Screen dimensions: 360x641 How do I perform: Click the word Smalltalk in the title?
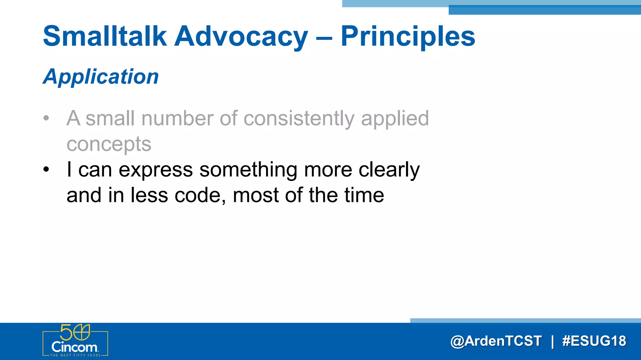pyautogui.click(x=105, y=37)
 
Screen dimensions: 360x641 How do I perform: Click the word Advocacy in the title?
pyautogui.click(x=241, y=37)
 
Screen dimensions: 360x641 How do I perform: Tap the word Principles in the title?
pyautogui.click(x=408, y=37)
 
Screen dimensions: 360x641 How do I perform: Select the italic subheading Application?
pyautogui.click(x=101, y=77)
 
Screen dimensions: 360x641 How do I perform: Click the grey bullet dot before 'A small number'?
pyautogui.click(x=46, y=118)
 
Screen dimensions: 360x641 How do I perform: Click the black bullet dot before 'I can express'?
pyautogui.click(x=46, y=170)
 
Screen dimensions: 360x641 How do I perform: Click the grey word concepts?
pyautogui.click(x=109, y=144)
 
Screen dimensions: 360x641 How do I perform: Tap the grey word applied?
pyautogui.click(x=395, y=119)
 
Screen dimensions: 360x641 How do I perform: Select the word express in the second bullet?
pyautogui.click(x=156, y=170)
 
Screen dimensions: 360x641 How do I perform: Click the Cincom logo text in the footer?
pyautogui.click(x=74, y=347)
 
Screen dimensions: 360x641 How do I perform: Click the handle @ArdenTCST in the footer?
pyautogui.click(x=496, y=341)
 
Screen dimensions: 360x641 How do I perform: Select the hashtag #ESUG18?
pyautogui.click(x=594, y=341)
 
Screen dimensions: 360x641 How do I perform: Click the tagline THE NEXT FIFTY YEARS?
pyautogui.click(x=75, y=355)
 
